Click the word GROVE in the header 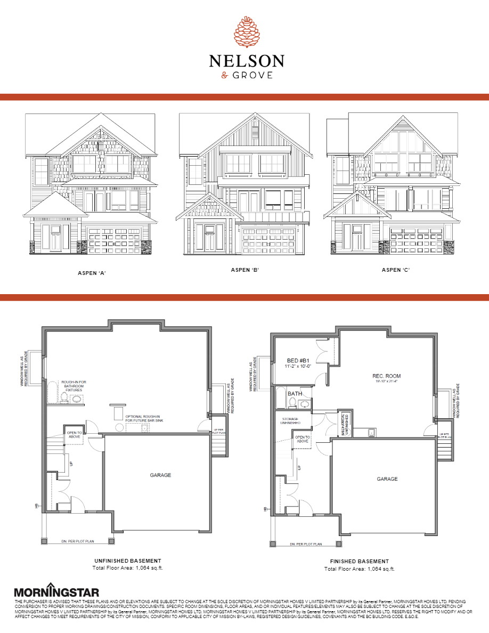[252, 75]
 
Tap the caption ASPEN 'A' [92, 273]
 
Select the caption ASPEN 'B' [244, 270]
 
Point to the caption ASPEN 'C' [396, 270]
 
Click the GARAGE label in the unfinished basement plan [160, 475]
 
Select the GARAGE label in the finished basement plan [387, 479]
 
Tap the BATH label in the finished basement [295, 394]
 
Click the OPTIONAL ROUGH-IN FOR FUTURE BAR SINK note [143, 419]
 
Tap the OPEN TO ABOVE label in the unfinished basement [74, 435]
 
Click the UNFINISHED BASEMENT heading [127, 561]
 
